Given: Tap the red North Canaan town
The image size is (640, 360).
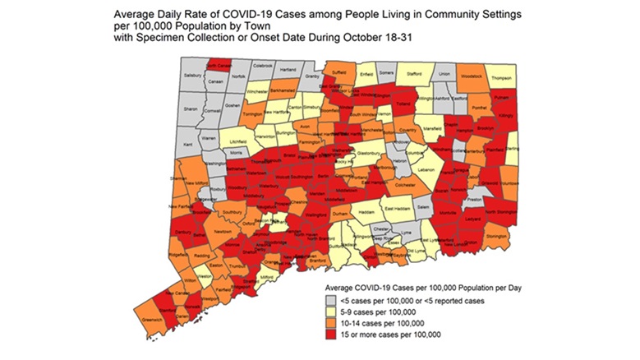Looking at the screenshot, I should (217, 65).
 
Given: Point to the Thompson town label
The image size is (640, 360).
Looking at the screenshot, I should (500, 78).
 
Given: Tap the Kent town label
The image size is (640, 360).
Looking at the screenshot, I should (187, 145).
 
